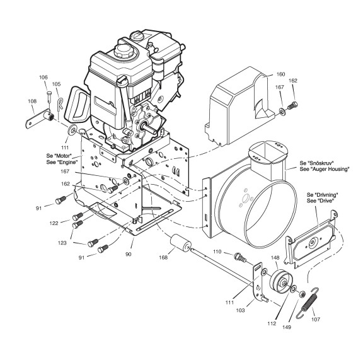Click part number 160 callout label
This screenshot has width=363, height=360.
click(x=281, y=74)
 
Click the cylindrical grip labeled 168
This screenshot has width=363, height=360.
click(x=181, y=243)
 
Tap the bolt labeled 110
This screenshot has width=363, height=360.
click(x=240, y=257)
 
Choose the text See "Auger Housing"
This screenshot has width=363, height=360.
click(x=325, y=169)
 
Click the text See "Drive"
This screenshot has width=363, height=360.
click(x=321, y=201)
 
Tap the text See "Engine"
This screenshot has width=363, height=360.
click(x=62, y=162)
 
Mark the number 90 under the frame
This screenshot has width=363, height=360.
click(x=129, y=254)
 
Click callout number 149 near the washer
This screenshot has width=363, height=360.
click(x=287, y=327)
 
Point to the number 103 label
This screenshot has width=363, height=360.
click(x=240, y=310)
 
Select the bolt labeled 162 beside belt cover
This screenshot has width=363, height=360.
click(x=292, y=105)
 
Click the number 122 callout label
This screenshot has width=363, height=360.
click(x=54, y=223)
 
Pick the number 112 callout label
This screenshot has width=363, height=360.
click(x=272, y=323)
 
